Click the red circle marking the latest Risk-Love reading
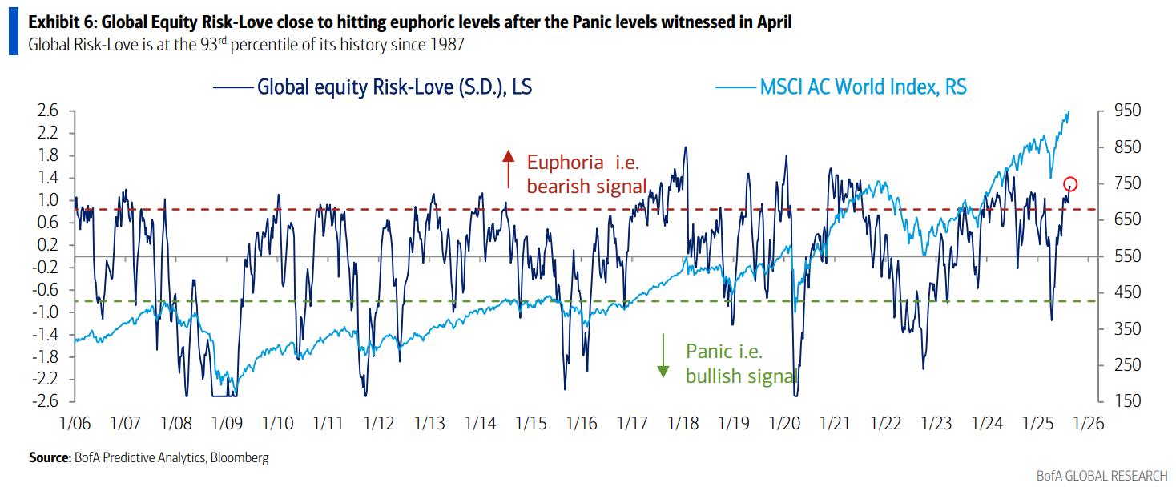pos(1070,184)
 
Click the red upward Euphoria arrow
pos(507,168)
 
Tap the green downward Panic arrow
pos(663,357)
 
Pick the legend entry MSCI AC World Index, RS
pos(863,87)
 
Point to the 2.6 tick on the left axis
pos(47,111)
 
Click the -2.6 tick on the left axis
pos(46,402)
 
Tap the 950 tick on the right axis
pos(1122,111)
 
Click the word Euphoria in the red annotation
pos(565,163)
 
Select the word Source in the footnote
pos(50,458)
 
